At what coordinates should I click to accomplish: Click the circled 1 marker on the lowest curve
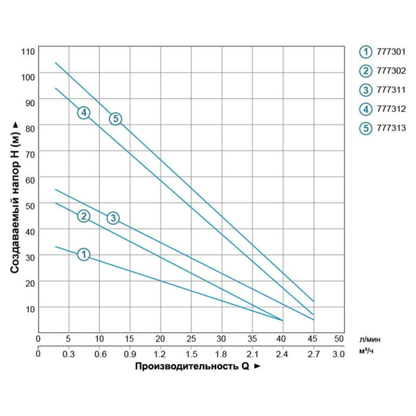tap(84, 254)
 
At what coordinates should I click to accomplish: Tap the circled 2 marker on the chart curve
tap(84, 216)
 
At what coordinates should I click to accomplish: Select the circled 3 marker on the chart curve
tap(113, 218)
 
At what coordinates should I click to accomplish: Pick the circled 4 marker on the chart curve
tap(84, 113)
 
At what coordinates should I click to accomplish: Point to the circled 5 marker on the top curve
tap(115, 119)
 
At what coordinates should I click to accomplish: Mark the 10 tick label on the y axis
tap(30, 308)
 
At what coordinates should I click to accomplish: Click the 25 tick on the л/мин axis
tap(191, 339)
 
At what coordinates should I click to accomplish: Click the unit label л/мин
tap(370, 339)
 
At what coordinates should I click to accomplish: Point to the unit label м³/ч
tap(367, 353)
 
